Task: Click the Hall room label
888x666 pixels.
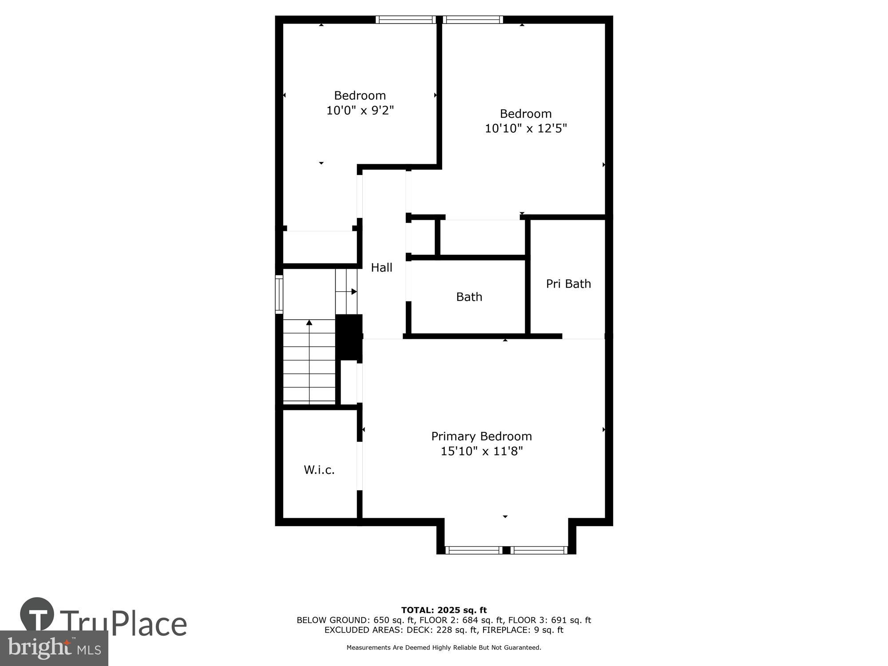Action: [381, 267]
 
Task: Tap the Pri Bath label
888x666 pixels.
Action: [568, 284]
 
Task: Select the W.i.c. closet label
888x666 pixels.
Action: [319, 470]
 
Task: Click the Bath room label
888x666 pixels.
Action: [469, 297]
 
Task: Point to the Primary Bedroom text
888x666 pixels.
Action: [481, 436]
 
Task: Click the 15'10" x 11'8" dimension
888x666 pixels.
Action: [481, 451]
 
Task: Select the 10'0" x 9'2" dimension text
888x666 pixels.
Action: [360, 110]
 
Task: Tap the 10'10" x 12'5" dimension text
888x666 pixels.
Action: [526, 128]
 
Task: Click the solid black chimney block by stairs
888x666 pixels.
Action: [349, 337]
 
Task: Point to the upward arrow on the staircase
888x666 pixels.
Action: [309, 323]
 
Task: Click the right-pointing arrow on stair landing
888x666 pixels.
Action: [353, 292]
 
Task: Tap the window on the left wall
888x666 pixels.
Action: [279, 294]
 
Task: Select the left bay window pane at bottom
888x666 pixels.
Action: [473, 550]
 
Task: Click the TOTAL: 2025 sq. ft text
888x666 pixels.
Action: [444, 610]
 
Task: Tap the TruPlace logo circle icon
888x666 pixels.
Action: [37, 615]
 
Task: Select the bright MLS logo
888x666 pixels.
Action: [54, 648]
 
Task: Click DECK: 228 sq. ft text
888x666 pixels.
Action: [443, 630]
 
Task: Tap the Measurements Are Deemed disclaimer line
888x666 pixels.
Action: [444, 648]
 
